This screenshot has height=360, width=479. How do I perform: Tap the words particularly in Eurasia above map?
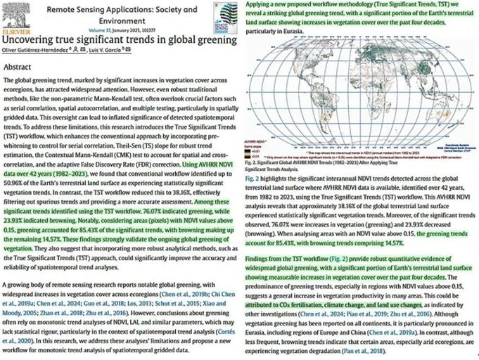[x=277, y=30]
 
